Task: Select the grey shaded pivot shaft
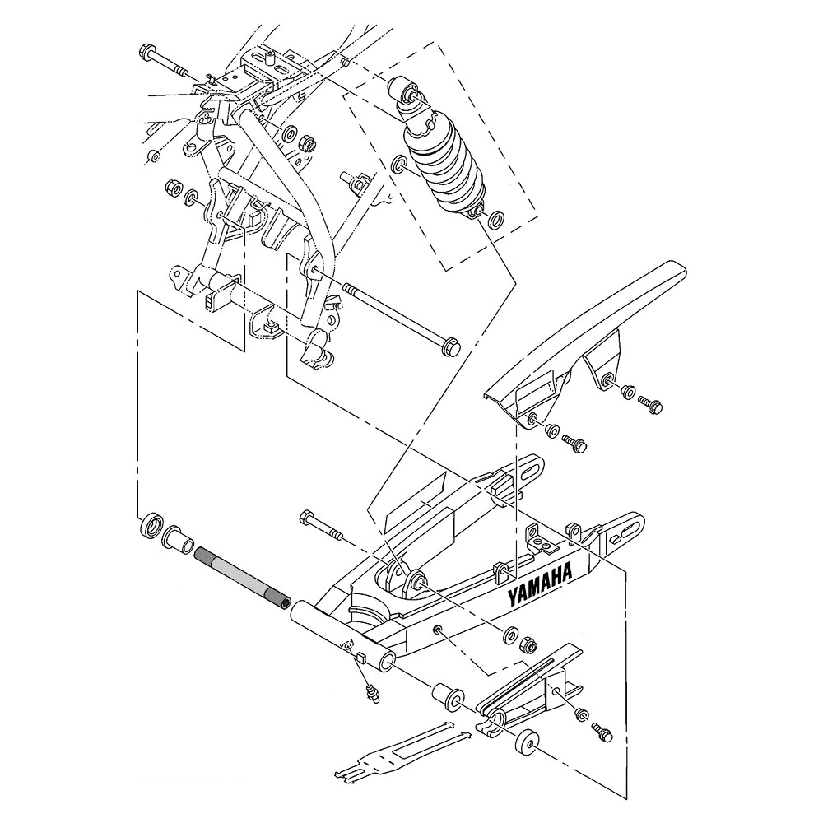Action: (242, 579)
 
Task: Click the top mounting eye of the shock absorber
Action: (404, 93)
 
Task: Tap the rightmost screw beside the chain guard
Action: (650, 404)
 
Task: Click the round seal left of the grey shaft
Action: (151, 525)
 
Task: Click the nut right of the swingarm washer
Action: (527, 645)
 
